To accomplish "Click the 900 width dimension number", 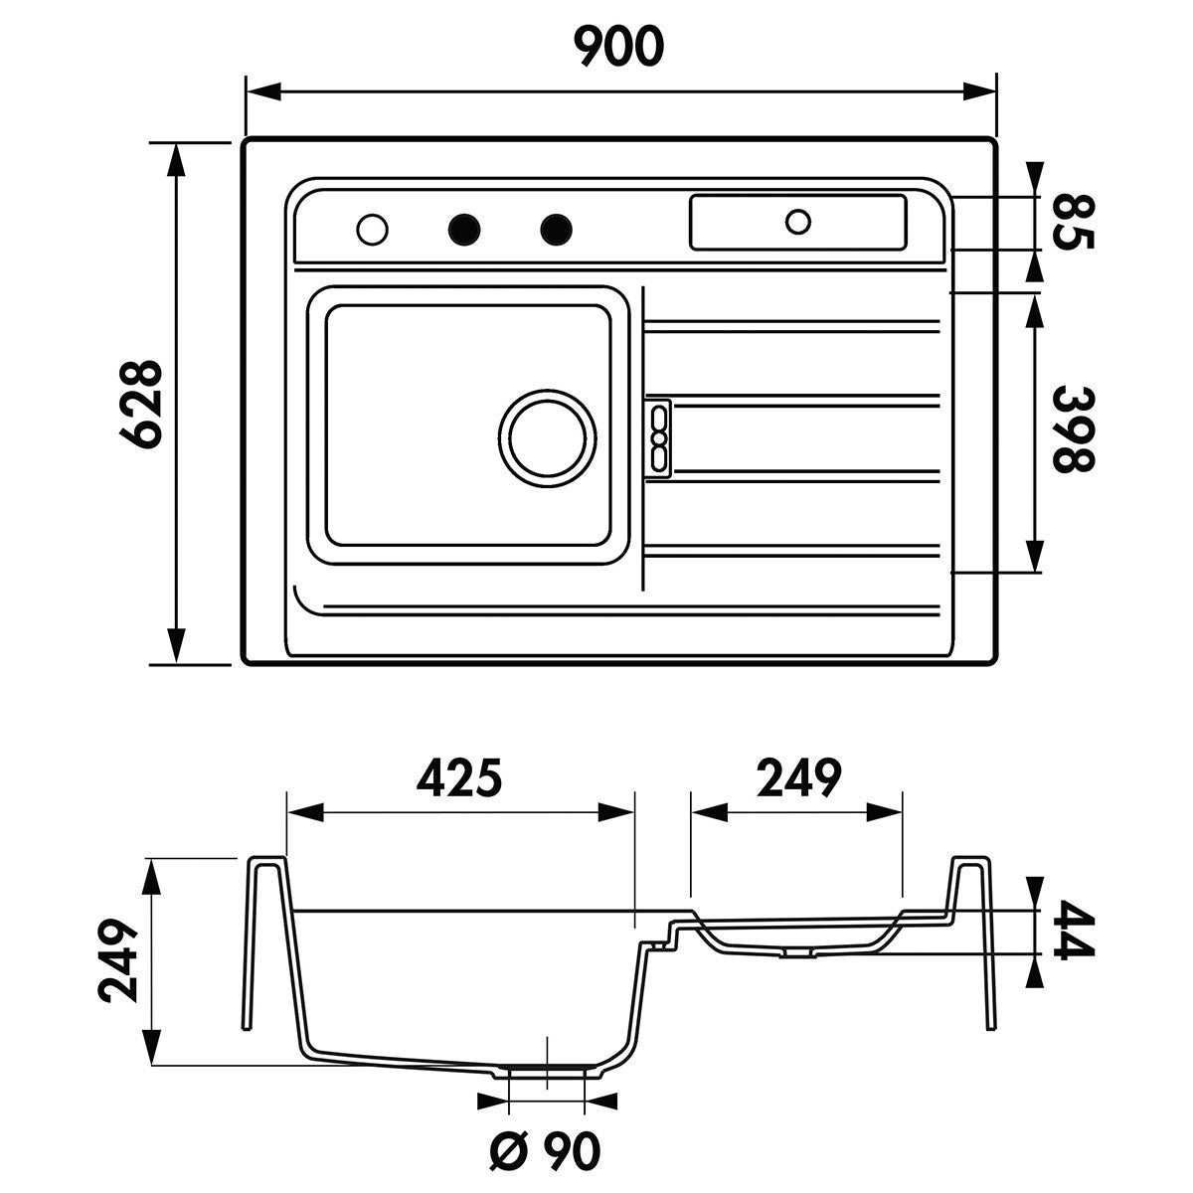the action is [x=618, y=46].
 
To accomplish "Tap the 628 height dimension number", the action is [x=140, y=403].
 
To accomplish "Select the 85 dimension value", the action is [x=1075, y=221].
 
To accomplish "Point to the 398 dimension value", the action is [x=1075, y=430].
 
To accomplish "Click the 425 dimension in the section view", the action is [x=458, y=777].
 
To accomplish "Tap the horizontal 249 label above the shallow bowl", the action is [x=798, y=777].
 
